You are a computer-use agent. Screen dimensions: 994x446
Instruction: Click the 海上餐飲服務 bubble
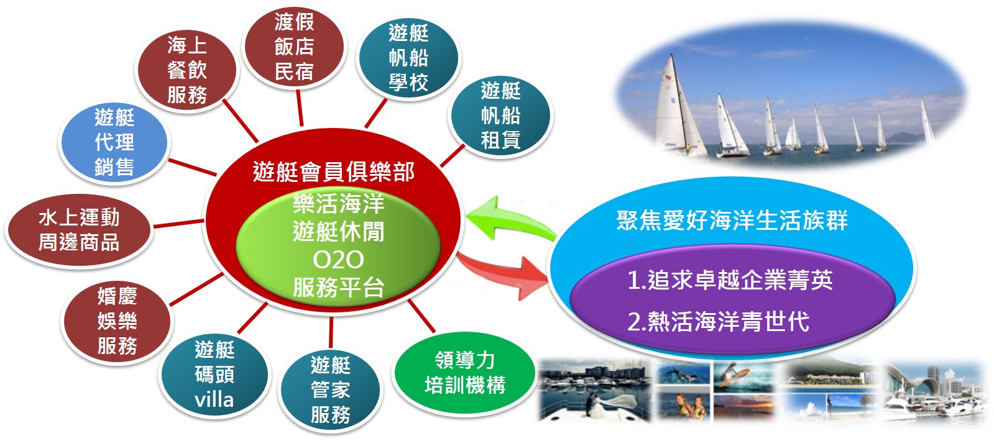(187, 70)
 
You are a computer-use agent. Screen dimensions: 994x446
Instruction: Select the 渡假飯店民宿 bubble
(294, 47)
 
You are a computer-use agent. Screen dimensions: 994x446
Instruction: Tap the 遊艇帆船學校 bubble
(408, 58)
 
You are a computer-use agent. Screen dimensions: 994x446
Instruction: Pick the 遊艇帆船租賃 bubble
(500, 116)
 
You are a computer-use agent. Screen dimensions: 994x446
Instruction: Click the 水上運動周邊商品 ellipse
(79, 230)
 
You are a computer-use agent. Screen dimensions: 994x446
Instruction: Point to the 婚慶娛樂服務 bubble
(117, 321)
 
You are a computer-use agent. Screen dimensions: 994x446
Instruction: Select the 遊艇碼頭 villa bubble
(214, 375)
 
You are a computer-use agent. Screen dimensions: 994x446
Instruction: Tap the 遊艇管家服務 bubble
(330, 389)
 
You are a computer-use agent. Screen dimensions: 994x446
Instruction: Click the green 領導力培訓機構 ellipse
(464, 373)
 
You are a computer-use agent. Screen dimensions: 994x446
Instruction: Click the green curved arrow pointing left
(510, 219)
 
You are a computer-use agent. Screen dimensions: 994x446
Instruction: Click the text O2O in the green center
(338, 260)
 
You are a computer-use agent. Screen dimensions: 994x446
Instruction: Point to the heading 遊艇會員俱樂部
(334, 172)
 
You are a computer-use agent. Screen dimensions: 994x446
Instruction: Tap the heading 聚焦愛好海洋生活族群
(732, 221)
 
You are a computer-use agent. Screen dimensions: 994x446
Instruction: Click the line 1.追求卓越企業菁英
(730, 280)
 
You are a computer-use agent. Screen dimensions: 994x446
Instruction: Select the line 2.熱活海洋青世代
(719, 321)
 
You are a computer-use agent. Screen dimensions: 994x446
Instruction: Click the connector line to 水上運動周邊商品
(179, 224)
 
